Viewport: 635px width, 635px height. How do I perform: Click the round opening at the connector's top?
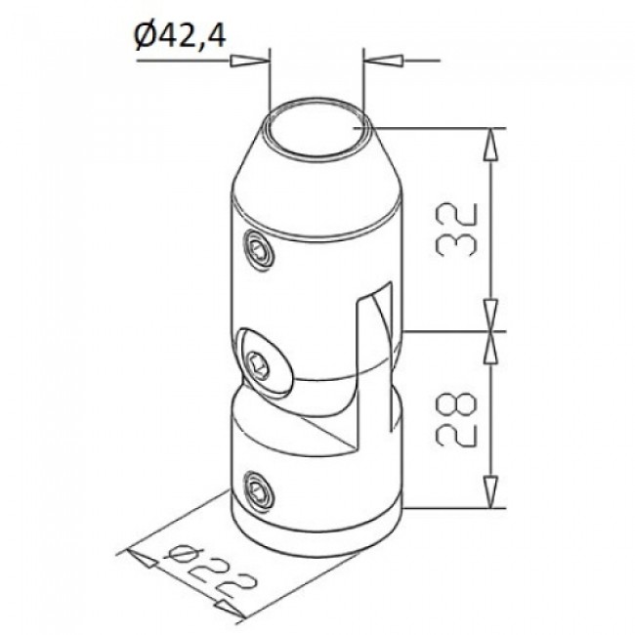[318, 128]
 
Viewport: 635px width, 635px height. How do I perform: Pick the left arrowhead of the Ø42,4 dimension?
[251, 62]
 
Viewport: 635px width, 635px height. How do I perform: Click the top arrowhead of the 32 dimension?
[490, 143]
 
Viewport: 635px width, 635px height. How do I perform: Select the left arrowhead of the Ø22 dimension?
[143, 560]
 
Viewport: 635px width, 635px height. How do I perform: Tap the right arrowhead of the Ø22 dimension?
[232, 613]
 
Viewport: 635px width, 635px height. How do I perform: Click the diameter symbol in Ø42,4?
[144, 37]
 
